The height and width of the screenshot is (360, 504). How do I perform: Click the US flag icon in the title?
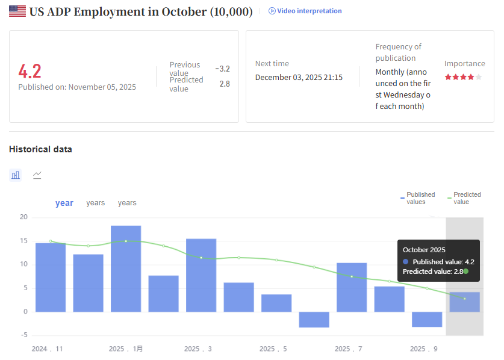(x=17, y=11)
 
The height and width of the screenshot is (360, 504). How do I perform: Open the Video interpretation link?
(x=305, y=11)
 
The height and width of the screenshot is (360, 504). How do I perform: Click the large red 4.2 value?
(x=30, y=71)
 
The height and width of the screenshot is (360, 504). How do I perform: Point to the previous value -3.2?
(x=222, y=69)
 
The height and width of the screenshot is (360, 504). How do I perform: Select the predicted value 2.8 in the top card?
(x=224, y=84)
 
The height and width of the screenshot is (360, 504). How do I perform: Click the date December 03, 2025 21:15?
(x=299, y=77)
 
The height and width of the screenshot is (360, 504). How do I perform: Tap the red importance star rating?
(x=463, y=77)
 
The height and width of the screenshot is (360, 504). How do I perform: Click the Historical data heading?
(x=40, y=149)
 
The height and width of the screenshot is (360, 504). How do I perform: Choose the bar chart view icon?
(x=16, y=175)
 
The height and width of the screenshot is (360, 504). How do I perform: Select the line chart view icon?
(x=37, y=175)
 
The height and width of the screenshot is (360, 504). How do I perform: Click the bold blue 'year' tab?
(x=64, y=203)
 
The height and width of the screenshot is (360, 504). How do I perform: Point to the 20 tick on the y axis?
(x=24, y=217)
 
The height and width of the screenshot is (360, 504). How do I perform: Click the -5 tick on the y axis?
(x=24, y=335)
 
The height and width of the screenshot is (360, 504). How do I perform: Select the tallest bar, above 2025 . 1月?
(x=126, y=268)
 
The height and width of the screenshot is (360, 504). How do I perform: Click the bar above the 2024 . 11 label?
(x=51, y=277)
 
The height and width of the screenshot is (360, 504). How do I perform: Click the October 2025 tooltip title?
(x=423, y=250)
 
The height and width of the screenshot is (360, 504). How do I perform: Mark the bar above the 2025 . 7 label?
(x=352, y=287)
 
